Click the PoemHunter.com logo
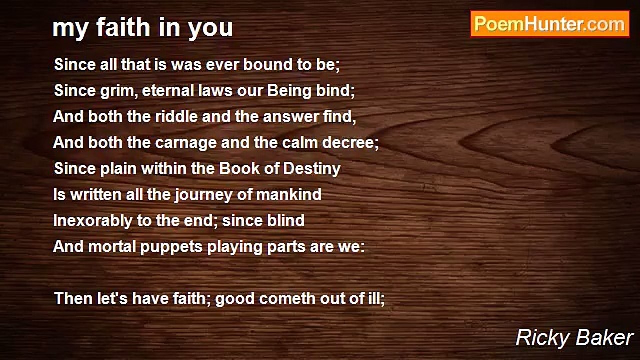point(550,24)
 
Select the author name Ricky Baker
point(574,338)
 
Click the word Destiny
point(312,169)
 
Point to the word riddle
point(176,116)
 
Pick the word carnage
point(186,143)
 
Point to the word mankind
point(289,194)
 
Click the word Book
point(239,168)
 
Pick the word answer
point(290,117)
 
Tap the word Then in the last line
point(73,299)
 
